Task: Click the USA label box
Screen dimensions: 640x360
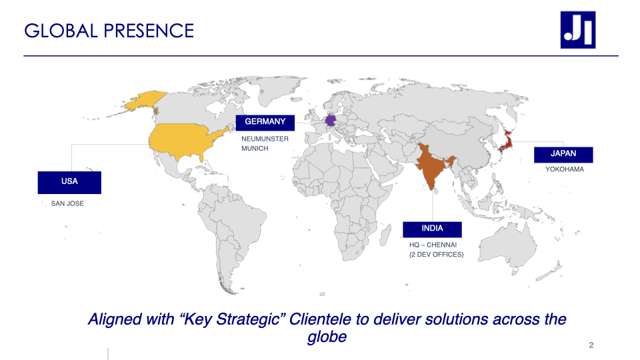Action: point(69,183)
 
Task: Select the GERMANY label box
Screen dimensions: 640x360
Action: point(265,123)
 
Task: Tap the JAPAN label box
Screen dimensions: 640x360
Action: point(563,155)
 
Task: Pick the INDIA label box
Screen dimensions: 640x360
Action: point(432,229)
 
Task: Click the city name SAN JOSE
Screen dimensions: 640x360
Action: point(67,203)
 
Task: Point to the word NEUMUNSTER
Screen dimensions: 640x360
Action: point(265,139)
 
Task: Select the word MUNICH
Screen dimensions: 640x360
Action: point(255,149)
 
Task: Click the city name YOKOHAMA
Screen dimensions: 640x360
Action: point(565,169)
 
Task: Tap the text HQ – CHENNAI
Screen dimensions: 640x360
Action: point(433,245)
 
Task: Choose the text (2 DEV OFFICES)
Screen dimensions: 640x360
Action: point(436,254)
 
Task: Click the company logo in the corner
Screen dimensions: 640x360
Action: point(578,30)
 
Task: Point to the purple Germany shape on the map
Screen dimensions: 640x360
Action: point(330,121)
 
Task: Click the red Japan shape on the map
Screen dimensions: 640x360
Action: point(506,141)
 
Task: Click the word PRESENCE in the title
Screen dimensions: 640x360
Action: point(149,31)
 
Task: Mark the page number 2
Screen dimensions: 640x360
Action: point(591,345)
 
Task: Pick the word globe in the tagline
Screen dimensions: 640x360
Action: point(327,337)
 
